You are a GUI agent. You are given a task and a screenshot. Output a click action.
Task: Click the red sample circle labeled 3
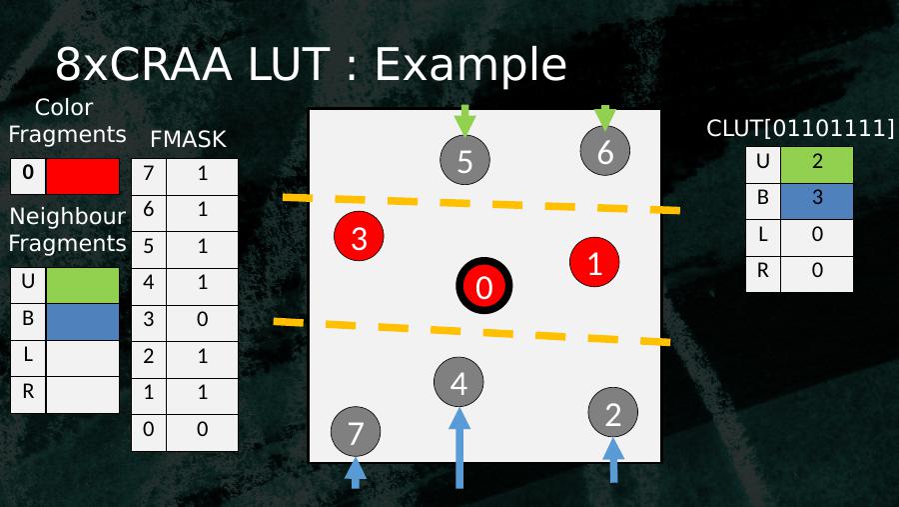click(361, 237)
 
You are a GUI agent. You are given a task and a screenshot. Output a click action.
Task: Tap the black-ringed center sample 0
click(484, 287)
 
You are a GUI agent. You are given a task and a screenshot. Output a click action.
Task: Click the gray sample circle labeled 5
click(464, 159)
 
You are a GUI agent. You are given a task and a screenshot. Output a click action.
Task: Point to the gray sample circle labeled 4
click(458, 382)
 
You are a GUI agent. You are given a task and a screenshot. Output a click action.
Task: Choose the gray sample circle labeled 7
click(356, 432)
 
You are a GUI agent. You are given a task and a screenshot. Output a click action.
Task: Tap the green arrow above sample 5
click(464, 119)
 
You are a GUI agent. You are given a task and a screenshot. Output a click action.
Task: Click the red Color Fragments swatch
click(82, 176)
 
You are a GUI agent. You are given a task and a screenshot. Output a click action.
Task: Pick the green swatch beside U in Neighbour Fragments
click(82, 285)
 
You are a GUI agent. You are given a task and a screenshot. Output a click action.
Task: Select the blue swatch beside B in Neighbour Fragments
click(82, 321)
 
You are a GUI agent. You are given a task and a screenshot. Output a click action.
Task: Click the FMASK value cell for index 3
click(203, 320)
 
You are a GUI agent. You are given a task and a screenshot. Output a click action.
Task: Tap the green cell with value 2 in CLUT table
click(817, 163)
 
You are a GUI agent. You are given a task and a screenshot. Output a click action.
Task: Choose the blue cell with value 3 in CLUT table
click(817, 198)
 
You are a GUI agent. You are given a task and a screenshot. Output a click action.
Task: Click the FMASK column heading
click(188, 139)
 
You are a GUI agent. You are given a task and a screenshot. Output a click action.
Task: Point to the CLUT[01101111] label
click(800, 129)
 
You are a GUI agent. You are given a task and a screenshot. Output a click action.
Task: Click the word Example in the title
click(469, 65)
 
